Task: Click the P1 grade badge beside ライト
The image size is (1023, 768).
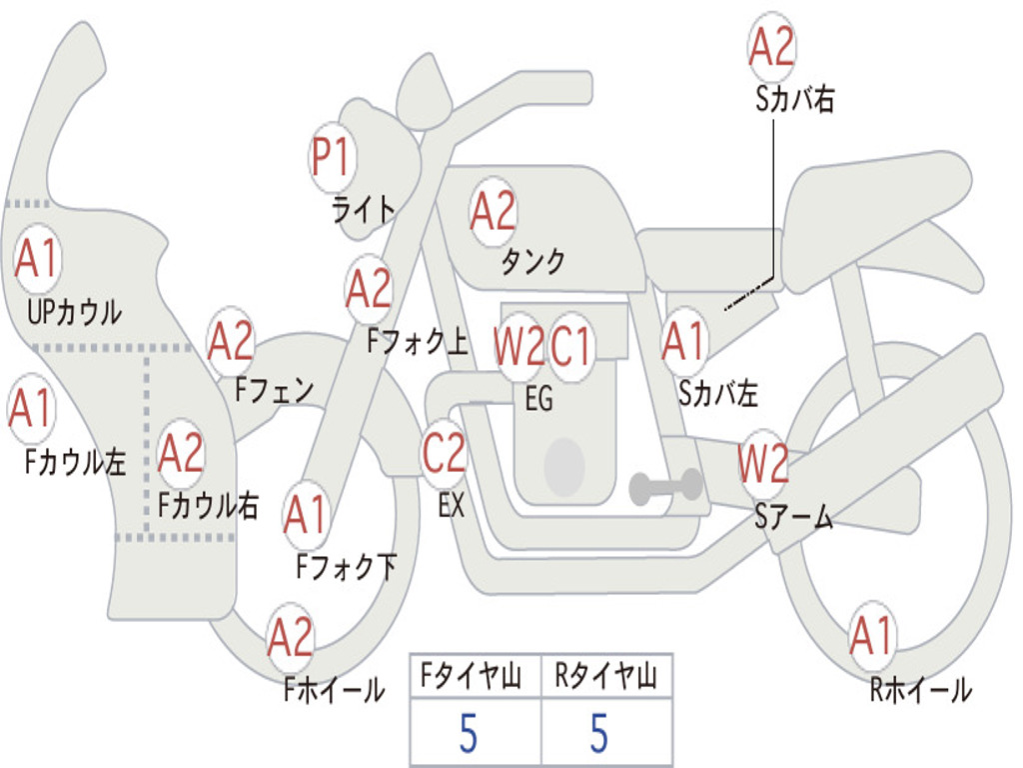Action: tap(332, 157)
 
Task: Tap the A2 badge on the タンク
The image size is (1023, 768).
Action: tap(493, 211)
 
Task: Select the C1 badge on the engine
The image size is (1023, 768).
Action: tap(572, 348)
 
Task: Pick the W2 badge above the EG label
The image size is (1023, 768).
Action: tap(519, 348)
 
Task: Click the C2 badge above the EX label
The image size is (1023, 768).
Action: tap(445, 455)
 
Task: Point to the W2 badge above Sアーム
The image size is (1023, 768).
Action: tap(763, 463)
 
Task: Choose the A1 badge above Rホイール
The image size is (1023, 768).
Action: tap(871, 636)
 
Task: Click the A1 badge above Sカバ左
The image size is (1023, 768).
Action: tap(685, 343)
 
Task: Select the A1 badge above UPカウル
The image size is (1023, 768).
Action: tap(38, 260)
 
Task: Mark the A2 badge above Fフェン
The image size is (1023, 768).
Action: tap(231, 342)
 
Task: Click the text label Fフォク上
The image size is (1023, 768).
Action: tap(418, 343)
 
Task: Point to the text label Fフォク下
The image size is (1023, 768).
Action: tap(347, 567)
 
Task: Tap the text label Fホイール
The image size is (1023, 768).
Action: tap(334, 690)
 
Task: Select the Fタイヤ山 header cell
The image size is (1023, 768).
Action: tap(475, 678)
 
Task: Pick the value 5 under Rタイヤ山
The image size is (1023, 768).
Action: tap(598, 733)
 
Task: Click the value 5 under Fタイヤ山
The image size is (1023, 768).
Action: tap(468, 733)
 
